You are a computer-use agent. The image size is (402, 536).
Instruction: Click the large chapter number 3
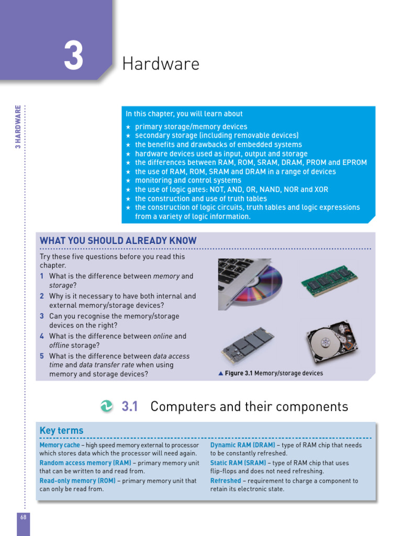(74, 57)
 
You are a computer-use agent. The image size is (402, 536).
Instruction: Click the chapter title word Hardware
(161, 64)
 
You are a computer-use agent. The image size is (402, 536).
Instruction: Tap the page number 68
(23, 517)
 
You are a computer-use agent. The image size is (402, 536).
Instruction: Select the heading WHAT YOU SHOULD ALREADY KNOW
(118, 241)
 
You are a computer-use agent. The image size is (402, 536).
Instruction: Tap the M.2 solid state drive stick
(247, 345)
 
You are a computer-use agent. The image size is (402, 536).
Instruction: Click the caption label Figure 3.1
(239, 373)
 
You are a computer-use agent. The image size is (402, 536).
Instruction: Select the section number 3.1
(129, 407)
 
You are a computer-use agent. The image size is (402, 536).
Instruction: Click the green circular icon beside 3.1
(107, 406)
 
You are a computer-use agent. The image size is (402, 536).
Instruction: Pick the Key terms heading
(61, 431)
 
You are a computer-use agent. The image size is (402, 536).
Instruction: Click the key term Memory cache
(60, 445)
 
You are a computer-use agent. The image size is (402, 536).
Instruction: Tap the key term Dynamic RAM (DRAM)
(242, 445)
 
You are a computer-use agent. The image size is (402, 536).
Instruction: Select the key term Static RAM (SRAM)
(239, 463)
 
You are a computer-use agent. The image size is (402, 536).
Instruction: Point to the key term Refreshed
(226, 481)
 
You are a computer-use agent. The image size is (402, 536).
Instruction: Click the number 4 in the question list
(42, 336)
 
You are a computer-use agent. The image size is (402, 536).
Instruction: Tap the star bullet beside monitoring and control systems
(128, 181)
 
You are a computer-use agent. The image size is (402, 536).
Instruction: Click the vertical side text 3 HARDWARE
(18, 127)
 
